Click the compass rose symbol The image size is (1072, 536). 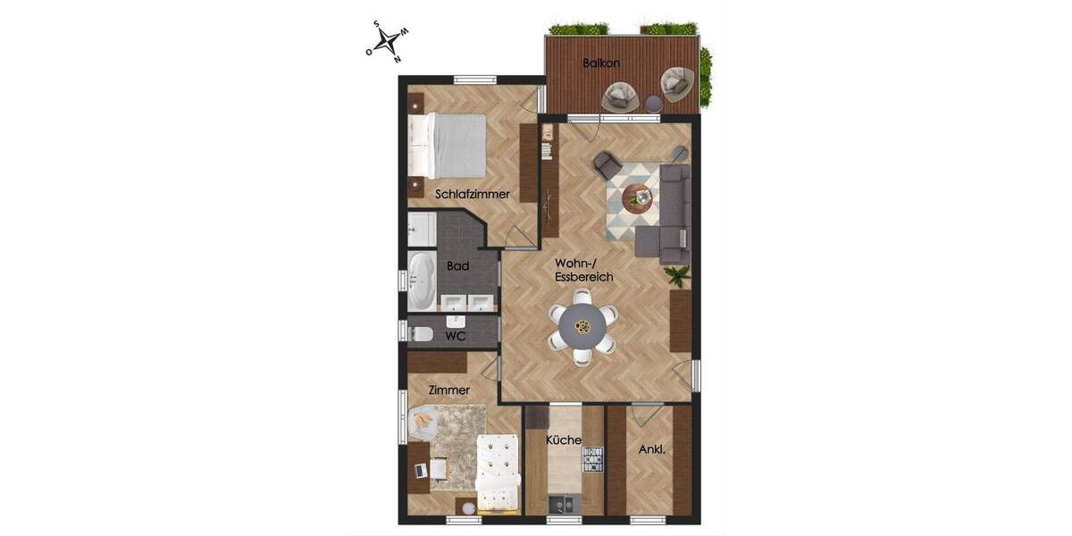click(x=387, y=41)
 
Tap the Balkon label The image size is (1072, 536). click(x=600, y=63)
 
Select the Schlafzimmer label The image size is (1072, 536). click(x=473, y=194)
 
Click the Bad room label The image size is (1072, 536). click(x=458, y=265)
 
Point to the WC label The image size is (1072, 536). click(x=456, y=337)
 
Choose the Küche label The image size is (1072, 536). click(x=564, y=440)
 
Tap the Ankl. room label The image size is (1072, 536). click(x=651, y=449)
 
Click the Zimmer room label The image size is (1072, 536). click(x=449, y=390)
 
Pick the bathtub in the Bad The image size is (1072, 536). click(x=422, y=281)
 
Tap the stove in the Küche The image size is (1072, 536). click(x=593, y=459)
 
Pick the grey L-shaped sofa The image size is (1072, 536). click(x=669, y=214)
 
